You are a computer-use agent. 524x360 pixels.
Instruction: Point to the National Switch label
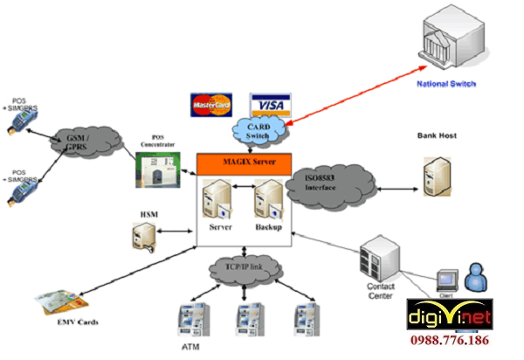coord(446,85)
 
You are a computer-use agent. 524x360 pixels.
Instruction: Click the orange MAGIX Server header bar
coord(244,163)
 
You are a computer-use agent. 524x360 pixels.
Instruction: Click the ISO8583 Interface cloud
coord(330,186)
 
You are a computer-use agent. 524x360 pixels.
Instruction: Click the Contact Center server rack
coord(382,260)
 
